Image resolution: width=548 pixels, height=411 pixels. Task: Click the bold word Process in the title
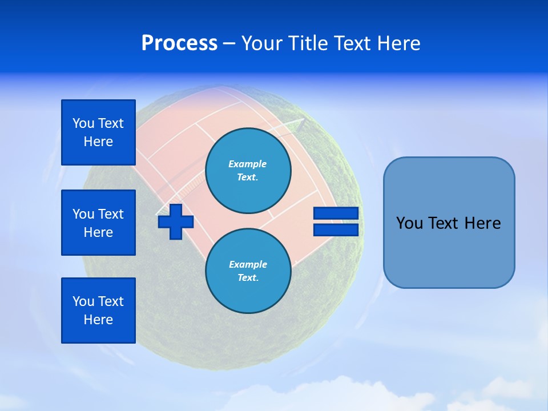179,43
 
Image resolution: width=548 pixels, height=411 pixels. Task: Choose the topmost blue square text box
98,132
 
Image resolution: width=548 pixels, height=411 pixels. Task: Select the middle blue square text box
98,223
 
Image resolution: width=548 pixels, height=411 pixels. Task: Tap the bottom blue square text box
98,311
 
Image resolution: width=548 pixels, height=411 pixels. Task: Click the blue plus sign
176,221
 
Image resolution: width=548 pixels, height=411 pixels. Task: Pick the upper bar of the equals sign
336,213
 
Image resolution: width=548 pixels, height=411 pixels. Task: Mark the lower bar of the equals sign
336,229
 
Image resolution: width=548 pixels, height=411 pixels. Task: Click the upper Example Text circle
248,170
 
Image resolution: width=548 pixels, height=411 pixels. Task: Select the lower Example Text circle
248,271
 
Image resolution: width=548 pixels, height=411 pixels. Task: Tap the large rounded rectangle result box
449,251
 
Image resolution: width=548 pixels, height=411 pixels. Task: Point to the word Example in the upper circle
248,164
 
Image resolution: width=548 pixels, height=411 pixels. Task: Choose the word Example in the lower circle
248,264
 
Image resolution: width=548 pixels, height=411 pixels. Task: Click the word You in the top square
83,123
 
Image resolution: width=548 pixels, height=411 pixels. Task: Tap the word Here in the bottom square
98,320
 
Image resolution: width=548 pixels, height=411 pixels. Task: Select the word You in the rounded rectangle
409,223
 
